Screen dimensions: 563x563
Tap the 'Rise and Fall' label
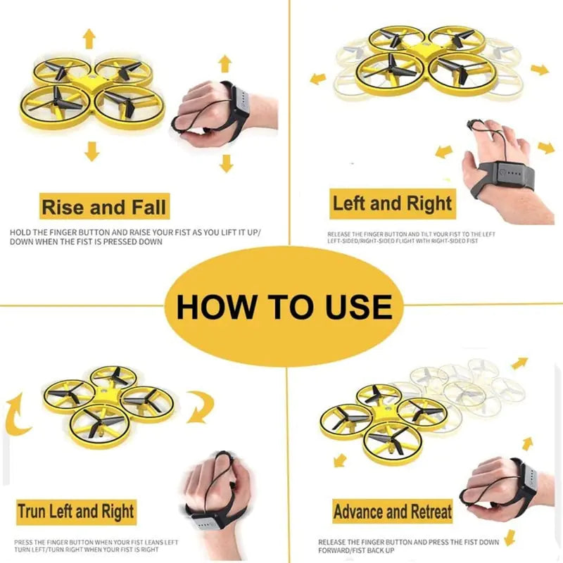point(103,208)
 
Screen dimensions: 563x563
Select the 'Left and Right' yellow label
point(392,205)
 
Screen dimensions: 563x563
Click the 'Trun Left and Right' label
point(76,511)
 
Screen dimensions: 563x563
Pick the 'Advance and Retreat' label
point(392,512)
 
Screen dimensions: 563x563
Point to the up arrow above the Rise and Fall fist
point(224,63)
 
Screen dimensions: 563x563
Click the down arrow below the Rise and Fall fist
point(225,163)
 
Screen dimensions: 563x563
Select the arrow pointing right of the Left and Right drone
point(540,70)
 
